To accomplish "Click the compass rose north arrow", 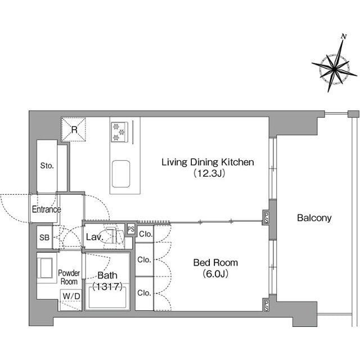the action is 335,66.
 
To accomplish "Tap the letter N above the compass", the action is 344,36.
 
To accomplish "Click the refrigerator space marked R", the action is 74,129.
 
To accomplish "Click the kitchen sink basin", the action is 121,174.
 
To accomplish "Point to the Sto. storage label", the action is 47,165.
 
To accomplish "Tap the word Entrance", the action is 46,209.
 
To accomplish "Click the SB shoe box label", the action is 44,237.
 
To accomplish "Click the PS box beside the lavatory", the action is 131,229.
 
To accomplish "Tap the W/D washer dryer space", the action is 71,296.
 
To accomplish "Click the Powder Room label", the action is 69,277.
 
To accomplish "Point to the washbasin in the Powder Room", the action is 47,268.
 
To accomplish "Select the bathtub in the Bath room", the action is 107,298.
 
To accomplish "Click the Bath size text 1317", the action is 107,286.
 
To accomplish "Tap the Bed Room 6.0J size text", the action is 215,274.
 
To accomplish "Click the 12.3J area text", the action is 209,173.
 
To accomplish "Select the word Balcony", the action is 314,218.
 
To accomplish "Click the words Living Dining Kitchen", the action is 208,163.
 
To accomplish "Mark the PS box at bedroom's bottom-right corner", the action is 266,305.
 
